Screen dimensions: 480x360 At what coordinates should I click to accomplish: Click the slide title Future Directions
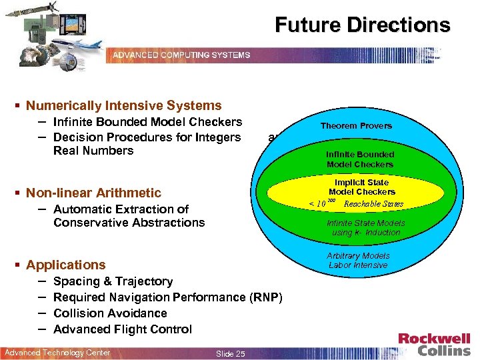pyautogui.click(x=363, y=25)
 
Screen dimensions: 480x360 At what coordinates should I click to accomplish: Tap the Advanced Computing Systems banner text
pyautogui.click(x=181, y=55)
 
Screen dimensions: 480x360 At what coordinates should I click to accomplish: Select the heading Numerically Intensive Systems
pyautogui.click(x=123, y=105)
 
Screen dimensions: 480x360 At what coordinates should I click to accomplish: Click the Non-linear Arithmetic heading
pyautogui.click(x=93, y=193)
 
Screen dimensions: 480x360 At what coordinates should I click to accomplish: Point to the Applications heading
pyautogui.click(x=65, y=265)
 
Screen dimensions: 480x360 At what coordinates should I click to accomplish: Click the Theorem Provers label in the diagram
pyautogui.click(x=356, y=125)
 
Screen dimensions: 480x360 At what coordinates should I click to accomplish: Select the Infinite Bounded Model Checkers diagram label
pyautogui.click(x=360, y=159)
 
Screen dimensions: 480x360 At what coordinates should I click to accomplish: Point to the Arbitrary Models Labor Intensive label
pyautogui.click(x=358, y=260)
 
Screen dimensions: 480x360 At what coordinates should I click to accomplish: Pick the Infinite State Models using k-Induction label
pyautogui.click(x=365, y=228)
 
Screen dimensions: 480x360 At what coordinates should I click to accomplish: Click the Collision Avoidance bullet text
pyautogui.click(x=110, y=313)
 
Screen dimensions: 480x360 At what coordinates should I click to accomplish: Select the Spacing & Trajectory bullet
pyautogui.click(x=113, y=281)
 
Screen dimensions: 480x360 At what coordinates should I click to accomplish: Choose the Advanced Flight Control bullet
pyautogui.click(x=122, y=329)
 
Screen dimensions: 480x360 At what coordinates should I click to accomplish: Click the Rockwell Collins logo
pyautogui.click(x=434, y=344)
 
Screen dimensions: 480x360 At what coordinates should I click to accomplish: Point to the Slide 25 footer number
pyautogui.click(x=231, y=353)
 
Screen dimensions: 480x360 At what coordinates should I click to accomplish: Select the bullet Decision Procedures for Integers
pyautogui.click(x=147, y=137)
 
